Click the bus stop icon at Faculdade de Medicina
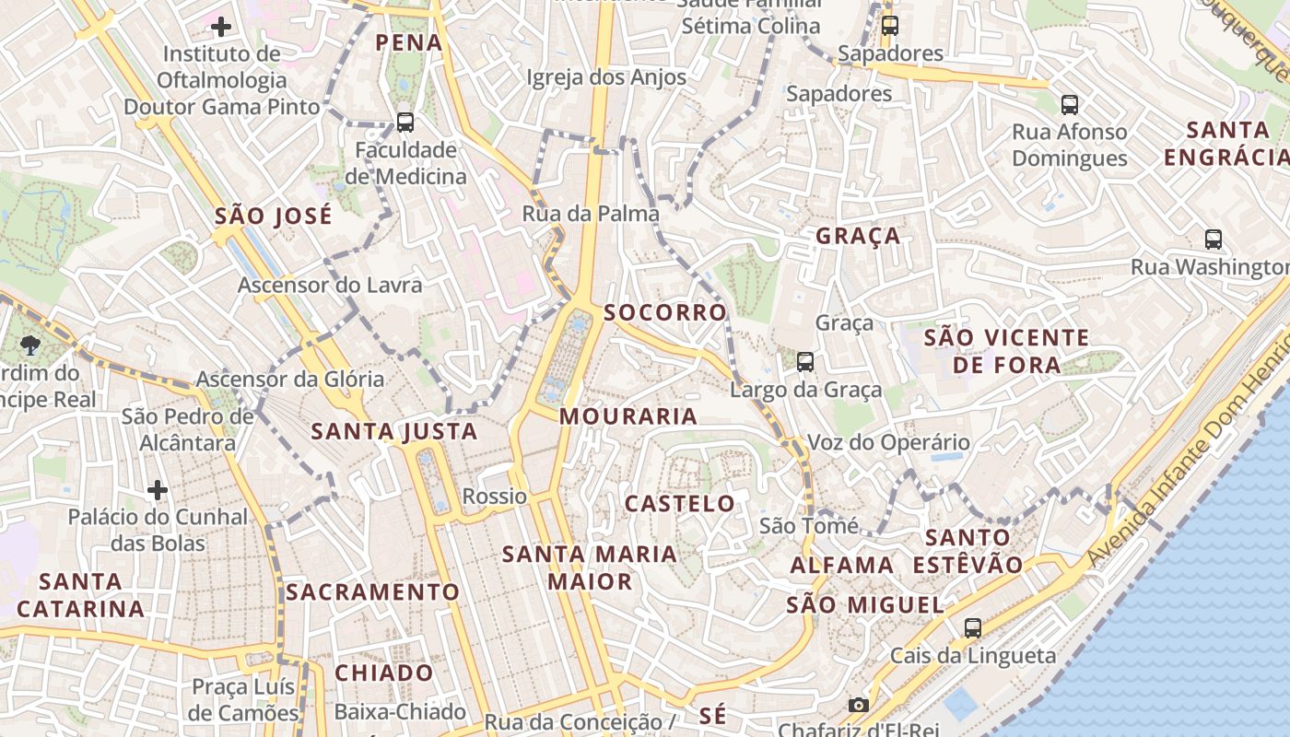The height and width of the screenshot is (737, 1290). [405, 122]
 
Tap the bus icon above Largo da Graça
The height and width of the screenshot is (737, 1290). [805, 362]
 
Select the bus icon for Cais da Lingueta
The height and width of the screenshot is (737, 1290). [972, 628]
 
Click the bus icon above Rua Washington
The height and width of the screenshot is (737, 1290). [1214, 240]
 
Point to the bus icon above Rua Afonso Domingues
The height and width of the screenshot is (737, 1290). [1069, 105]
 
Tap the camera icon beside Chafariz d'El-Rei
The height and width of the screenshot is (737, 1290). [858, 705]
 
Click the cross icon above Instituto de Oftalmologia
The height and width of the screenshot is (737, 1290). [221, 26]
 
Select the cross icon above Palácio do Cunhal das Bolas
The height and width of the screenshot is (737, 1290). [158, 489]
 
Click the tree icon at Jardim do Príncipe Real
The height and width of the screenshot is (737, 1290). [30, 345]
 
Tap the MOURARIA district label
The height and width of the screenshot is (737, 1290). [628, 416]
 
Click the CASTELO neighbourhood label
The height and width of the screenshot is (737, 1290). [680, 504]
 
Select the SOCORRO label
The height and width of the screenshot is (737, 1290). [665, 312]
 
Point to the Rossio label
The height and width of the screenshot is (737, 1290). [495, 497]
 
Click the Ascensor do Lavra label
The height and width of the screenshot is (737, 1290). [330, 286]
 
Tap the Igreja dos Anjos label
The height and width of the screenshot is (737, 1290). [606, 77]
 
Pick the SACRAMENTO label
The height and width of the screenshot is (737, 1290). [372, 591]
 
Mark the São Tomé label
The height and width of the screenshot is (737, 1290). [808, 526]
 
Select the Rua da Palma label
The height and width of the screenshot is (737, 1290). [591, 214]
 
